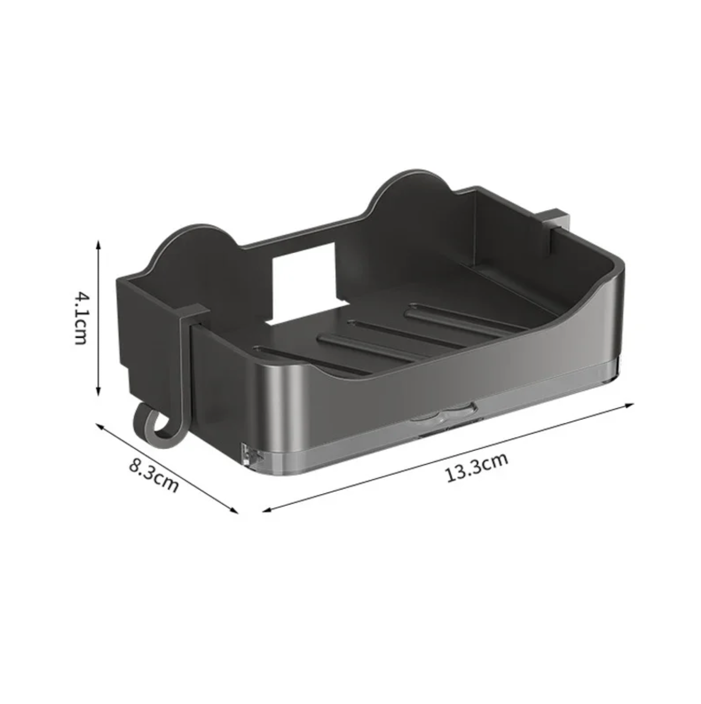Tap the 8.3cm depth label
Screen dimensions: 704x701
point(154,474)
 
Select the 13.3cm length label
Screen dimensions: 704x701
point(477,467)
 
